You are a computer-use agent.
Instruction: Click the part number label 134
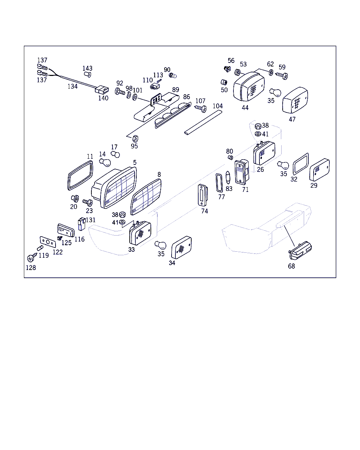click(x=72, y=86)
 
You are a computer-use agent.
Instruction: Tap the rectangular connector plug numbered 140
click(x=102, y=90)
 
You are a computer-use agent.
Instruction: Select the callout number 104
click(x=218, y=106)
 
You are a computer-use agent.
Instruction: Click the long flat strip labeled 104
click(x=203, y=123)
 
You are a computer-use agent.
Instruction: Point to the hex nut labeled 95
click(x=135, y=139)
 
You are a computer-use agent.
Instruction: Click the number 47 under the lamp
click(x=292, y=119)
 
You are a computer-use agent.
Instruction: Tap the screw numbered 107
click(x=201, y=108)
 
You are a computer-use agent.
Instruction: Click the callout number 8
click(x=159, y=174)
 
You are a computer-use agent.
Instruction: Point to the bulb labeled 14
click(x=105, y=162)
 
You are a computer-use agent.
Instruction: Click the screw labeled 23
click(x=88, y=202)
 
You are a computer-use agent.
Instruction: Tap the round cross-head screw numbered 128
click(x=31, y=258)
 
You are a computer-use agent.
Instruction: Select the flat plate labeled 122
click(x=48, y=242)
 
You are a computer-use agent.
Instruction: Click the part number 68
click(x=291, y=266)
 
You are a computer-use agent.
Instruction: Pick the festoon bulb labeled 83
click(x=228, y=178)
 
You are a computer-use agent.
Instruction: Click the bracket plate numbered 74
click(x=203, y=195)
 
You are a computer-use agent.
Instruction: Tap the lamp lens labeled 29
click(x=320, y=169)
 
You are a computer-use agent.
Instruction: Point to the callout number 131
click(x=91, y=220)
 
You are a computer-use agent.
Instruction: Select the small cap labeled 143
click(x=88, y=74)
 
